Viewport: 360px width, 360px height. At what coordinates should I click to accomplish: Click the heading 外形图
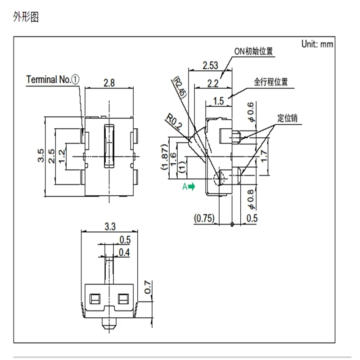pyautogui.click(x=26, y=17)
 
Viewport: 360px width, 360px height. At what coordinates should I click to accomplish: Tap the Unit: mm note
pyautogui.click(x=317, y=44)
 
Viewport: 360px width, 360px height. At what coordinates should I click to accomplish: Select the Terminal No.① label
pyautogui.click(x=53, y=80)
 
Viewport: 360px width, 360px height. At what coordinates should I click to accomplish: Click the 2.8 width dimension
pyautogui.click(x=109, y=83)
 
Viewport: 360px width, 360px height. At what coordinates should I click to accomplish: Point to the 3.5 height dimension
pyautogui.click(x=40, y=155)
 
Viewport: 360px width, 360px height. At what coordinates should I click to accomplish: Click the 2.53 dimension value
pyautogui.click(x=210, y=65)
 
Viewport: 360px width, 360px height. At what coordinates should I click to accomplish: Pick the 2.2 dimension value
pyautogui.click(x=213, y=83)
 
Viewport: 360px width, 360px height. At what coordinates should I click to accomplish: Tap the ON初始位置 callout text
pyautogui.click(x=253, y=51)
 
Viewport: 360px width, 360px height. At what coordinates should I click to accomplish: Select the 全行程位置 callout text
pyautogui.click(x=271, y=82)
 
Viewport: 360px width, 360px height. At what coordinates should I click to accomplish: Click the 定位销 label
pyautogui.click(x=288, y=118)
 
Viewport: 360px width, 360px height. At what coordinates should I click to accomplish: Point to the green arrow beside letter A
pyautogui.click(x=192, y=186)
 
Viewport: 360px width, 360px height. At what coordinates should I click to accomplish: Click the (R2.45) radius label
pyautogui.click(x=180, y=87)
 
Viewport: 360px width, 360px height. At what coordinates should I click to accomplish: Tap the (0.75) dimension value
pyautogui.click(x=204, y=218)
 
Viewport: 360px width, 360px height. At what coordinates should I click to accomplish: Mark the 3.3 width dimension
pyautogui.click(x=110, y=227)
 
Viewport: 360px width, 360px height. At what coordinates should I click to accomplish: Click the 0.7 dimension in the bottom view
pyautogui.click(x=148, y=287)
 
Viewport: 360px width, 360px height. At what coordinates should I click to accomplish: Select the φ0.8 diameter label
pyautogui.click(x=251, y=199)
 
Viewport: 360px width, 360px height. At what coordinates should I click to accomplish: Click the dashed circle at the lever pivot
pyautogui.click(x=219, y=179)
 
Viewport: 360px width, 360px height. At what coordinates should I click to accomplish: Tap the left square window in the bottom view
pyautogui.click(x=95, y=299)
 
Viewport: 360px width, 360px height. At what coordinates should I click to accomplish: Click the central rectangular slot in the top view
pyautogui.click(x=109, y=146)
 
